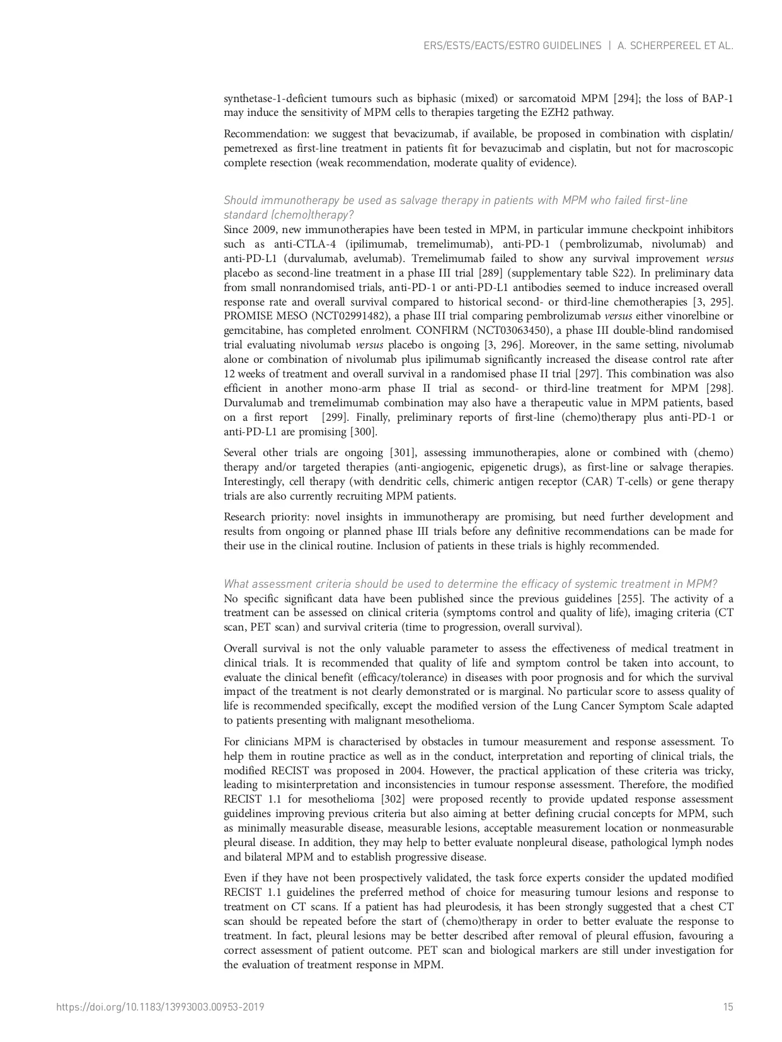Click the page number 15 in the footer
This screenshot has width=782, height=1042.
[728, 1007]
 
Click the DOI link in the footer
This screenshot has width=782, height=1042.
[161, 1007]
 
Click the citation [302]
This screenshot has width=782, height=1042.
[394, 799]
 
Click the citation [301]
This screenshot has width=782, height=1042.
[403, 452]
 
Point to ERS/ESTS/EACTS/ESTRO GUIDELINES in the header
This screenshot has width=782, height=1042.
[512, 46]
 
